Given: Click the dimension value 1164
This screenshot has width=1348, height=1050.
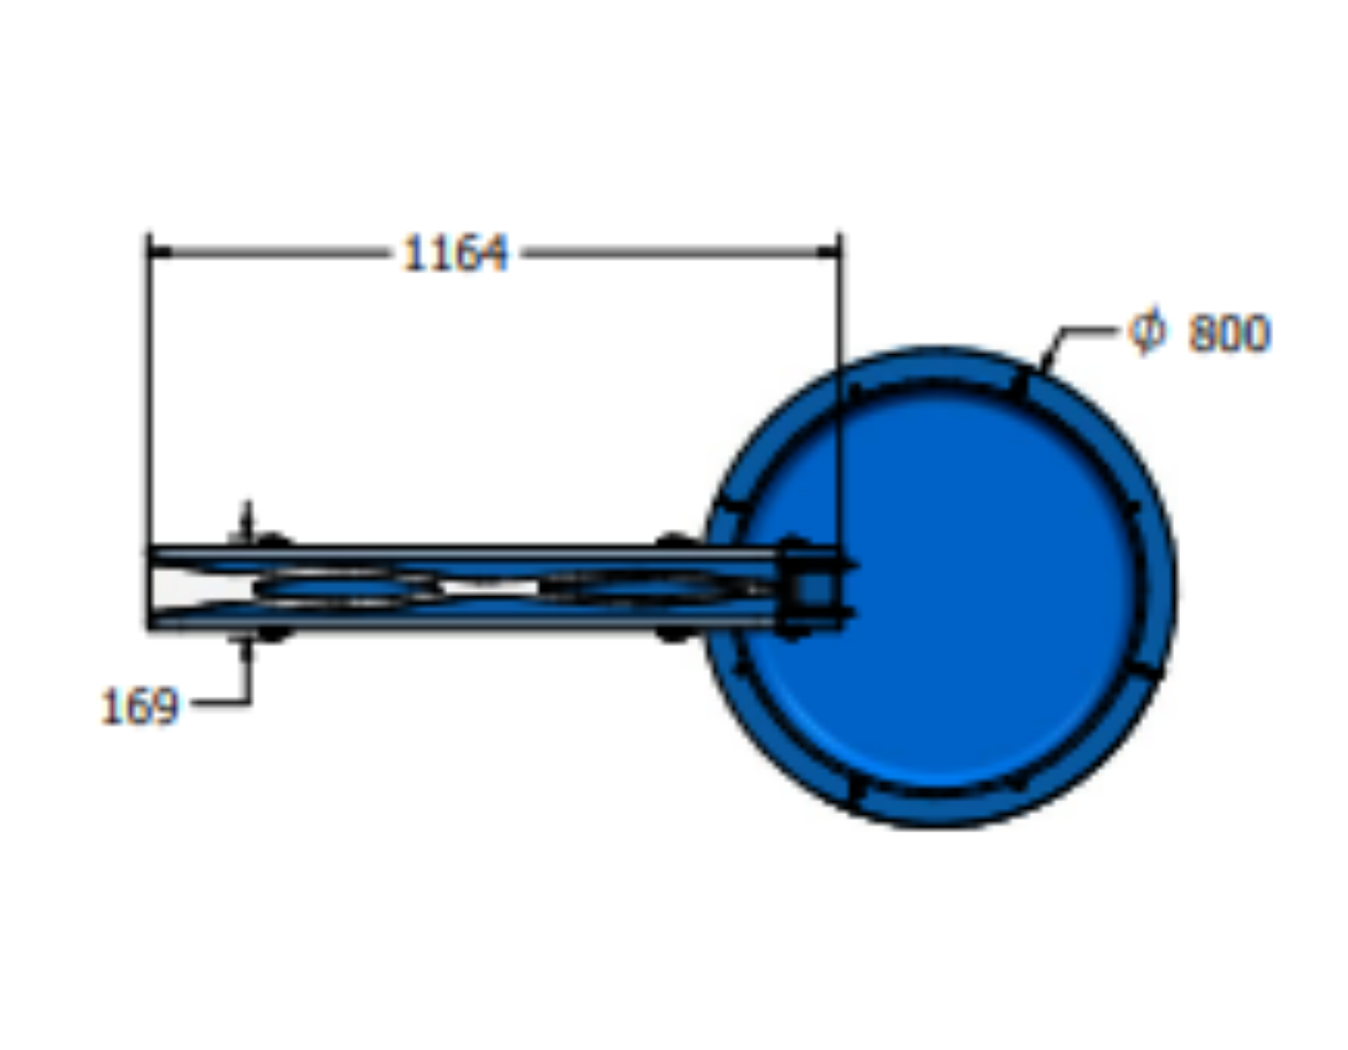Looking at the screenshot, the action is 455,253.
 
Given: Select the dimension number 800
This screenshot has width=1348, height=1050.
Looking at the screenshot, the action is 1228,333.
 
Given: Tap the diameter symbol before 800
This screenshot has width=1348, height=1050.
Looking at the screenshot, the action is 1147,330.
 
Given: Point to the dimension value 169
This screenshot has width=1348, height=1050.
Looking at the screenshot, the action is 140,706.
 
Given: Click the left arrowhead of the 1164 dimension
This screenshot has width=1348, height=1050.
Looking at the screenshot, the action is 159,252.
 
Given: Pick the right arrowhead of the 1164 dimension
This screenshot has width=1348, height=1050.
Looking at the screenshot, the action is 828,252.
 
